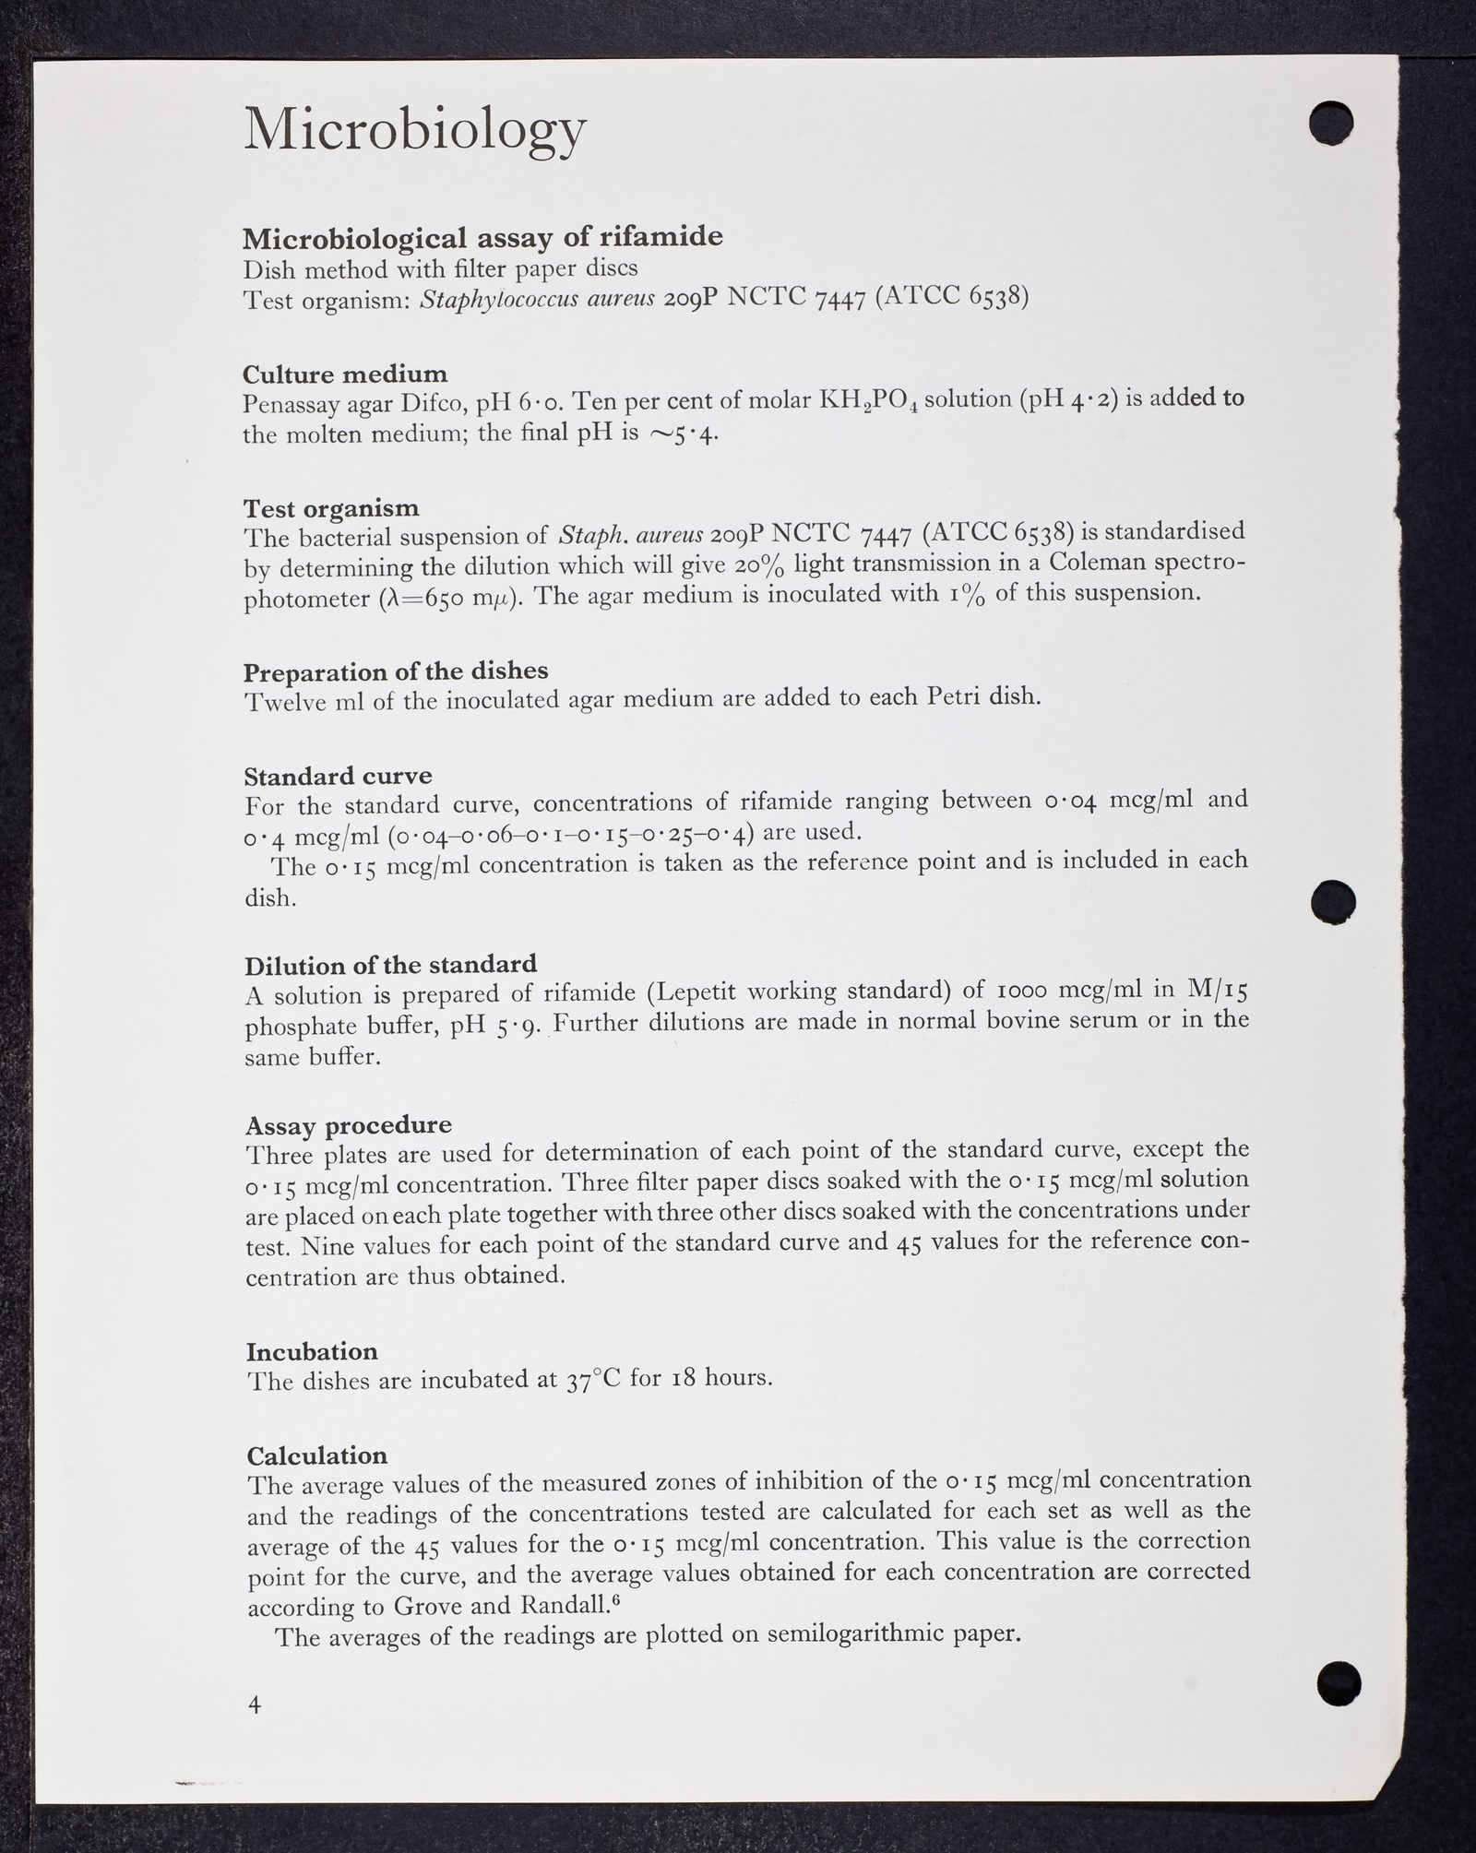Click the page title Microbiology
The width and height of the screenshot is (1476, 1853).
(415, 130)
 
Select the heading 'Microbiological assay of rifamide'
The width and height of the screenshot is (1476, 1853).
(482, 238)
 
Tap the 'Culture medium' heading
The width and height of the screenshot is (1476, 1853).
(345, 374)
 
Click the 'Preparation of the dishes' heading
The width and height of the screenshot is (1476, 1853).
(396, 671)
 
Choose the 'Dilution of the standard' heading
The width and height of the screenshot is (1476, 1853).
(390, 965)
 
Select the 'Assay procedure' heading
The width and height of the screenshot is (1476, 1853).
(349, 1125)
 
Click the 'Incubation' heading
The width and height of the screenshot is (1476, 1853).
(312, 1351)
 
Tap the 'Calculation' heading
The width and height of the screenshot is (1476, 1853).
(317, 1455)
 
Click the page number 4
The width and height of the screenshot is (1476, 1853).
(255, 1705)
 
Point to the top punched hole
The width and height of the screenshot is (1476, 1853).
(1330, 123)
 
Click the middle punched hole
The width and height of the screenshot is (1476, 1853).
(1334, 900)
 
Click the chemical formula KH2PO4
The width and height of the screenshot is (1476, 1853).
(872, 401)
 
